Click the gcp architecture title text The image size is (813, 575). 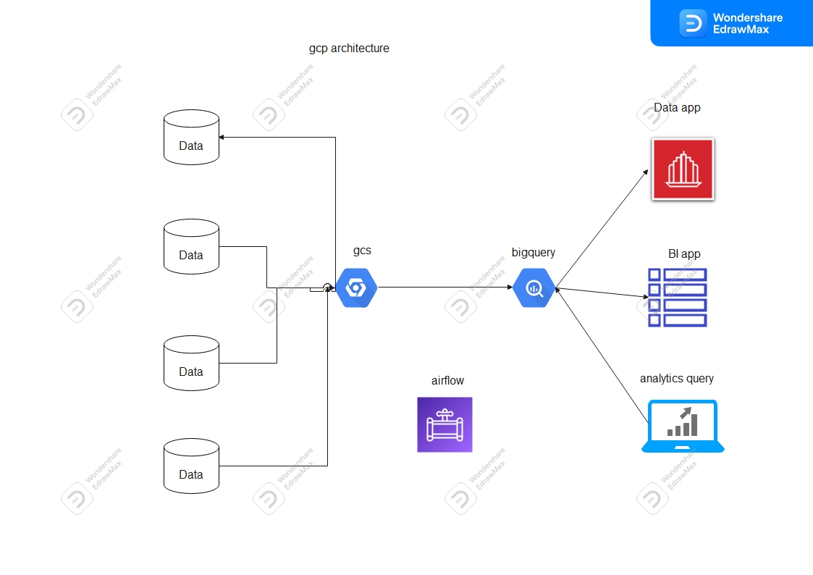(349, 49)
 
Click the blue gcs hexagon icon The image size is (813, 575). (356, 287)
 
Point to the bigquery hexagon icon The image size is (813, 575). (534, 288)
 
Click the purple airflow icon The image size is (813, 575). (445, 425)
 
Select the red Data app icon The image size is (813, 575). (683, 169)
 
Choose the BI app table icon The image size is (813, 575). (677, 297)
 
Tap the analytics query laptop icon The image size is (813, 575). (682, 426)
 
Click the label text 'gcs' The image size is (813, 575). (362, 251)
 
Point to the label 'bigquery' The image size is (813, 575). (534, 252)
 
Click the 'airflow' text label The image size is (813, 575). (447, 380)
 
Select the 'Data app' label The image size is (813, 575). (677, 108)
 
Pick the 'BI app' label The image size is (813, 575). (684, 254)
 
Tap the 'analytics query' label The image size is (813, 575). (676, 378)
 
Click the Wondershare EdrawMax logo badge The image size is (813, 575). (731, 22)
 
